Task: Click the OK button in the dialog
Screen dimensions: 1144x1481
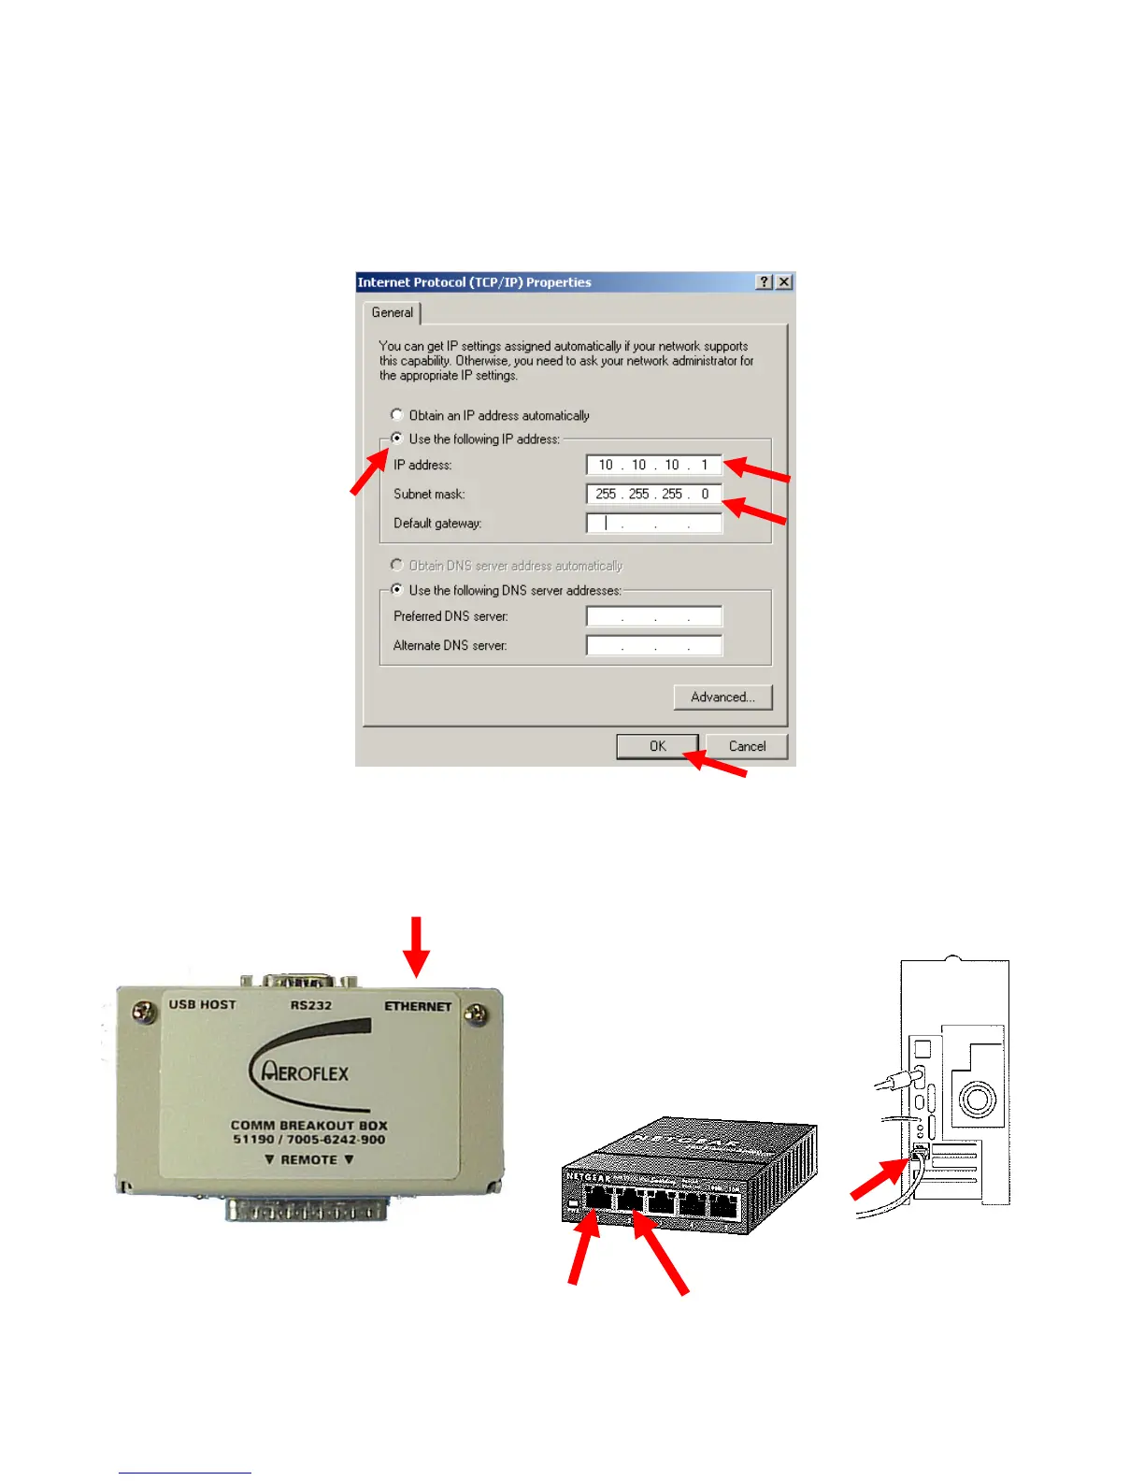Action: (x=657, y=746)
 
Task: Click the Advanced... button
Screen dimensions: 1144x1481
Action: (x=722, y=697)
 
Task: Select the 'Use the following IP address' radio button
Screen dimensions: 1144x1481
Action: (x=397, y=439)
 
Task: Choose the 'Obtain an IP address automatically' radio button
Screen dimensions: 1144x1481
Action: (x=397, y=414)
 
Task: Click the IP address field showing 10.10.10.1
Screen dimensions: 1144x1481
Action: (x=654, y=465)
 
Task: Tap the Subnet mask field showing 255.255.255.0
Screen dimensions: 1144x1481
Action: (x=654, y=494)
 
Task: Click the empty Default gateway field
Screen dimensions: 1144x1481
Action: (x=654, y=523)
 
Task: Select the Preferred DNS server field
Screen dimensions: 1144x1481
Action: (x=654, y=616)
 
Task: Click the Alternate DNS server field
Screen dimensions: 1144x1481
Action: (x=654, y=645)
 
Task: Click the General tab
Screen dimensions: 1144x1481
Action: (x=392, y=312)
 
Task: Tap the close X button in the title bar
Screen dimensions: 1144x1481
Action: (x=784, y=281)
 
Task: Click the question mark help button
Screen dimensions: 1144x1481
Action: (x=765, y=281)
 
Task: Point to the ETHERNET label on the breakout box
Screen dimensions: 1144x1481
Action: (x=418, y=1006)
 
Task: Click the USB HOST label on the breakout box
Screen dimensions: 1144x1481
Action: (x=203, y=1004)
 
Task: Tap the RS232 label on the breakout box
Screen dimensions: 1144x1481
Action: (x=311, y=1005)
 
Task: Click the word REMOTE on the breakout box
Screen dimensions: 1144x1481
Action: (x=309, y=1159)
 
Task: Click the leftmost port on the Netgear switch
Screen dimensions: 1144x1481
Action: (x=599, y=1198)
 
